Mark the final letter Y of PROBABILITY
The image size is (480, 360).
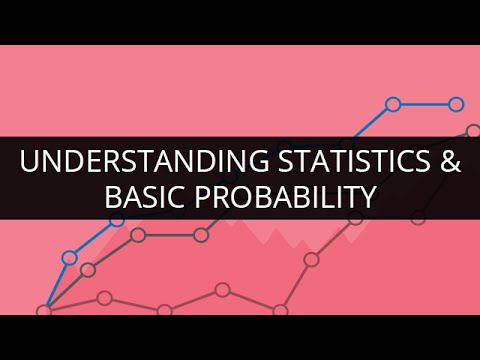click(x=366, y=198)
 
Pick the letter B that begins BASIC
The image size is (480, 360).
click(x=113, y=198)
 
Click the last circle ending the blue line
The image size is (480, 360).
click(x=456, y=104)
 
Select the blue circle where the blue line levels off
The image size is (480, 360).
click(x=393, y=104)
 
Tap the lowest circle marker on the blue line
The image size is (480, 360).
click(x=69, y=257)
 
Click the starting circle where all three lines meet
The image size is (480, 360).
click(x=43, y=310)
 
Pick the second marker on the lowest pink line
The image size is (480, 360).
click(x=105, y=297)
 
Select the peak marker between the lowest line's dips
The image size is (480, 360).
click(x=222, y=290)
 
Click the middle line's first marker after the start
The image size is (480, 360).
click(x=88, y=270)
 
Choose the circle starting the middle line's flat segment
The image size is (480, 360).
click(x=138, y=236)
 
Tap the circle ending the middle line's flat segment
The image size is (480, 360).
click(x=201, y=235)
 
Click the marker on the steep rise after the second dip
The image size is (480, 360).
click(x=311, y=259)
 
